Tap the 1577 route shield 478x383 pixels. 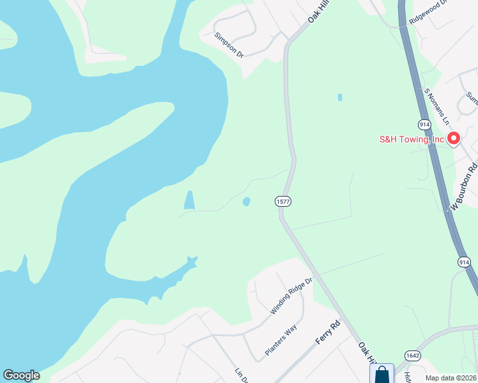(x=283, y=202)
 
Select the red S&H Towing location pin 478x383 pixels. (x=454, y=138)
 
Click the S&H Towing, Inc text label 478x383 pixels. (x=411, y=139)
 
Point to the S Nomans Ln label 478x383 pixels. (x=438, y=106)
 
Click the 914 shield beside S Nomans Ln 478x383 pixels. (x=424, y=123)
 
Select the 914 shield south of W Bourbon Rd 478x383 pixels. (x=465, y=262)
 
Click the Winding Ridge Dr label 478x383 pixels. (x=290, y=296)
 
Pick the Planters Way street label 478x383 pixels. (x=281, y=341)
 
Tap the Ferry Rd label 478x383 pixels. (x=328, y=333)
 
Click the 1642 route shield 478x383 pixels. (x=412, y=355)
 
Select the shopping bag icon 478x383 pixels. (x=382, y=374)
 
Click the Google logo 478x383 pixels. (x=21, y=375)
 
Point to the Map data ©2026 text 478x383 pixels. (x=449, y=378)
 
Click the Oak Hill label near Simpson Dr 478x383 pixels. (x=318, y=13)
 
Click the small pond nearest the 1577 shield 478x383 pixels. (x=246, y=202)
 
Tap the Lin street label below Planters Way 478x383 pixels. (x=242, y=375)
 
